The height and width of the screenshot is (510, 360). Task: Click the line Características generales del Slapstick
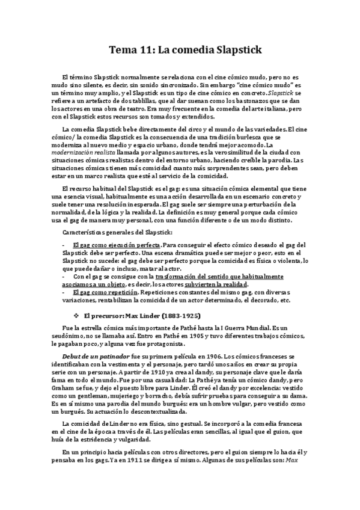117,232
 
